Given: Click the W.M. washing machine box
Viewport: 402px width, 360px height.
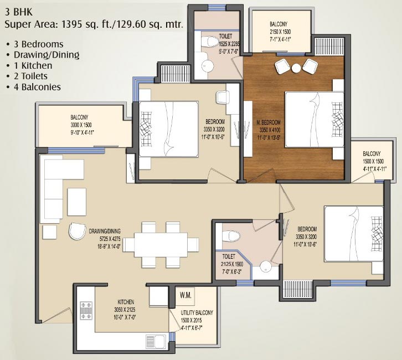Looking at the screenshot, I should point(185,295).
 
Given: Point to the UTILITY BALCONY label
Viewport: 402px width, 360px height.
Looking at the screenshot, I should point(197,313).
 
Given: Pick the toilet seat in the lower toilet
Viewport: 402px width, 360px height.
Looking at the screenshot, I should point(230,237).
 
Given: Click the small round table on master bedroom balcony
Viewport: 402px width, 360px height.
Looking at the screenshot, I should point(296,68).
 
